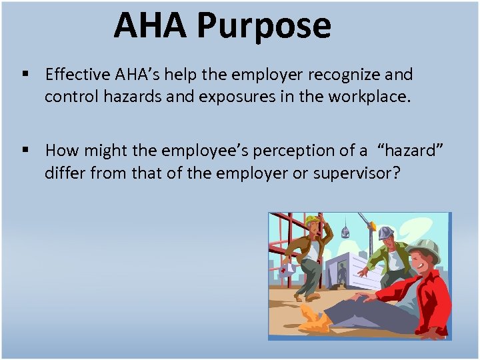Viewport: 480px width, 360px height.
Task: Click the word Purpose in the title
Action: coord(263,25)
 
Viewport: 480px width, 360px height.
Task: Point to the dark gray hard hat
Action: coord(386,233)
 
